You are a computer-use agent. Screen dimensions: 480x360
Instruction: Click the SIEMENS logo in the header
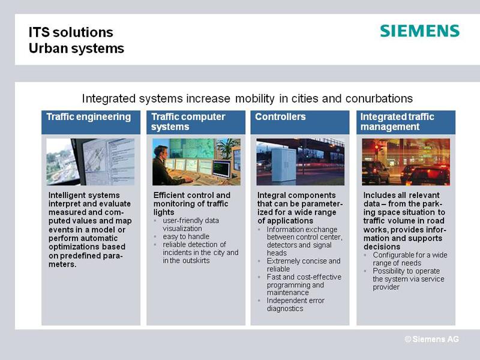419,31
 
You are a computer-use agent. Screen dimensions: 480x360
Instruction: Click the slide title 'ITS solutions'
71,32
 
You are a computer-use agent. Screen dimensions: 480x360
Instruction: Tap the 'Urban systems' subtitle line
76,49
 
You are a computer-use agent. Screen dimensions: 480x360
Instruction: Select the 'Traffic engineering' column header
89,116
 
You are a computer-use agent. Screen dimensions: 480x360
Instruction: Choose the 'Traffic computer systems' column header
188,122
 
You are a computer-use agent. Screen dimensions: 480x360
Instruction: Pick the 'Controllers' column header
280,116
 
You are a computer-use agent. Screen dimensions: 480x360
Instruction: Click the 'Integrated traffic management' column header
397,122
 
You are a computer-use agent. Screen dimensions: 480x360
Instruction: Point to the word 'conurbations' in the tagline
379,98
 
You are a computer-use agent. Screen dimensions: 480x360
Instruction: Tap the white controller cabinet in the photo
284,166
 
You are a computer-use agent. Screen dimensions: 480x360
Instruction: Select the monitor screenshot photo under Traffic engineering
91,162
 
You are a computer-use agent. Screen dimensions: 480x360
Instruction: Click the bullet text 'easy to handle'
186,236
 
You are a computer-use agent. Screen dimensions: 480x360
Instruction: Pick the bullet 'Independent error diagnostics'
295,305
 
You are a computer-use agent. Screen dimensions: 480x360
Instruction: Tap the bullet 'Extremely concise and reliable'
304,265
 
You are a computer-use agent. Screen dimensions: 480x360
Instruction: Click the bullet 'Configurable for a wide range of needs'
410,259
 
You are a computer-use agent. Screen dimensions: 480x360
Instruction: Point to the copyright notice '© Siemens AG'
431,339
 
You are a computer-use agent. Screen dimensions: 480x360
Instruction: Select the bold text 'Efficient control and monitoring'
191,199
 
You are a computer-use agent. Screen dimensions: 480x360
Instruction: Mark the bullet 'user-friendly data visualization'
191,224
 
